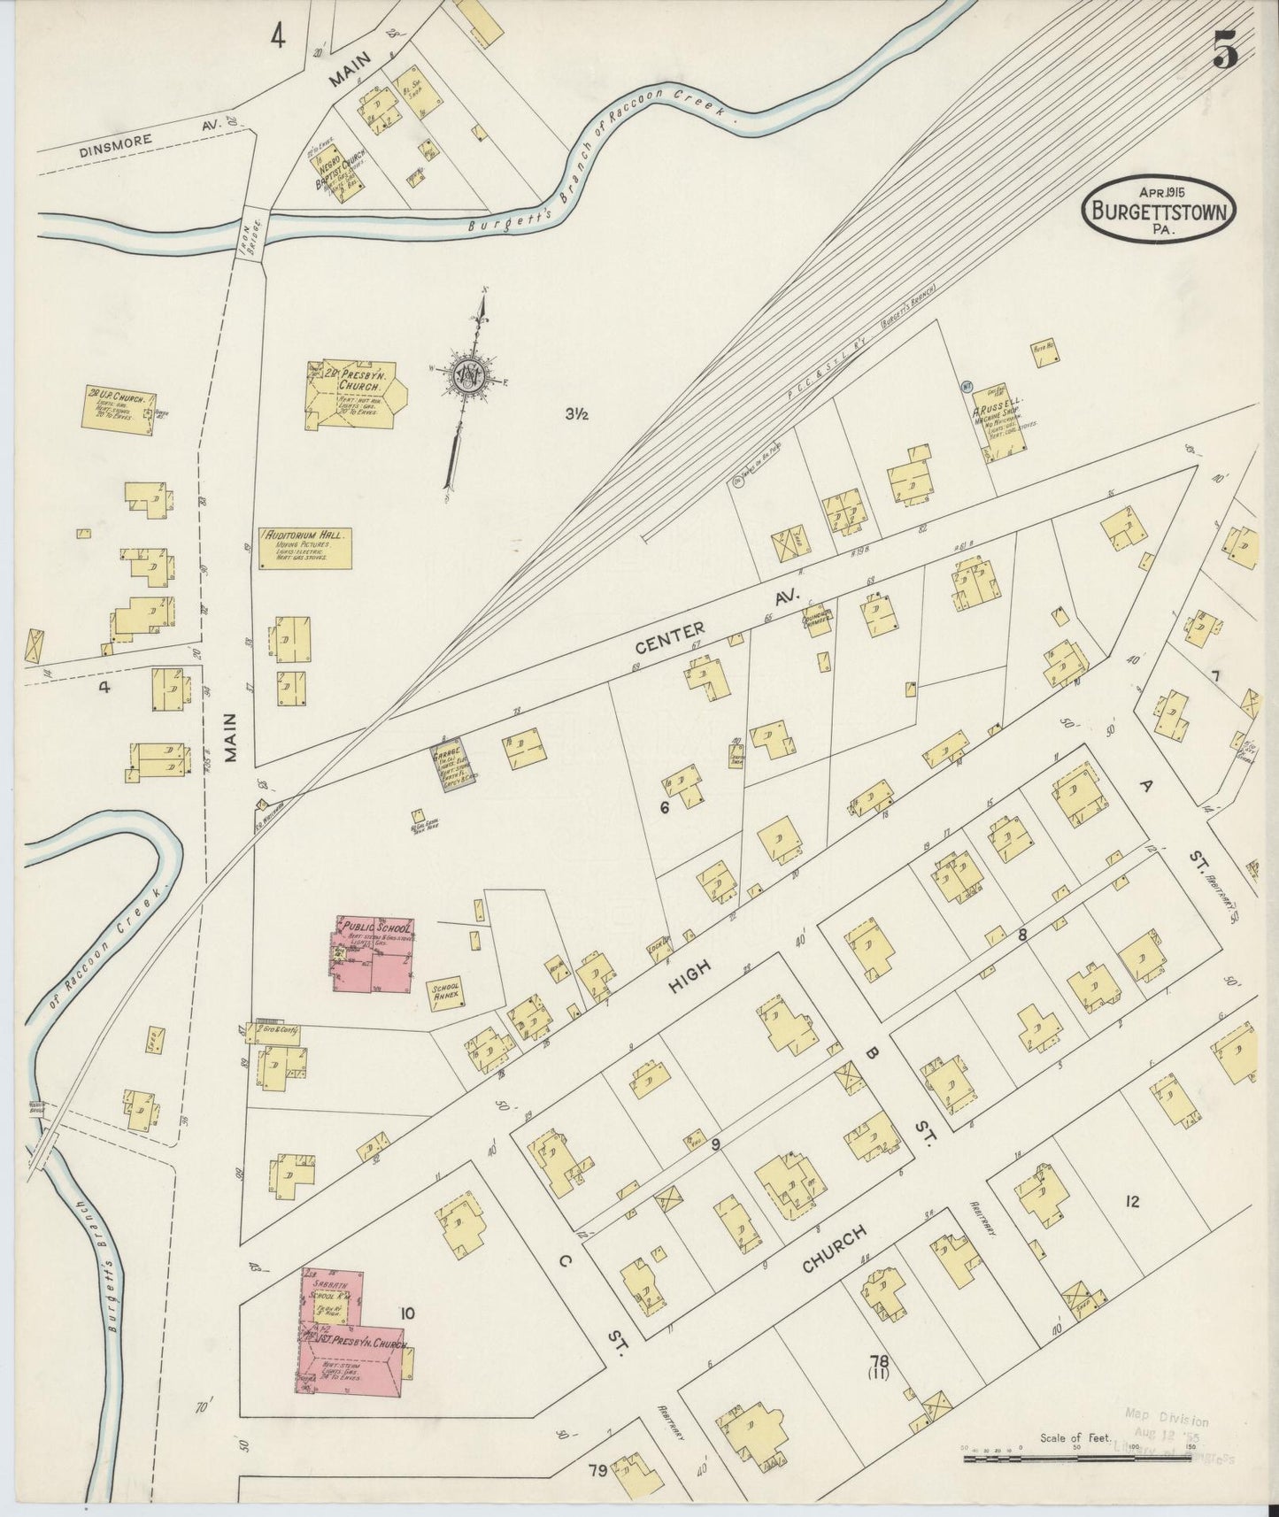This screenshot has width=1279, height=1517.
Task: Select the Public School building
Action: [371, 957]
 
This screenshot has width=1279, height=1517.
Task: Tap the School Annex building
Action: [445, 993]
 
